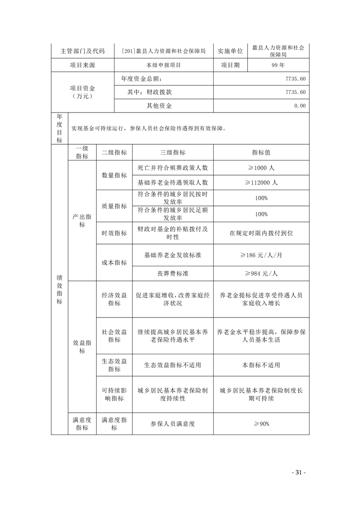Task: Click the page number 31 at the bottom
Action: [x=298, y=472]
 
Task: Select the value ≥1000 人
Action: [x=261, y=167]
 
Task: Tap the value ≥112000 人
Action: [x=261, y=182]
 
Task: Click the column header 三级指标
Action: [x=173, y=153]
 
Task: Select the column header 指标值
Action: [x=261, y=153]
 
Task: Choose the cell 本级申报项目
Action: [x=163, y=65]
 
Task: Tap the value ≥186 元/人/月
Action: [x=261, y=255]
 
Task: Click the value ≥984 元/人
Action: [x=261, y=274]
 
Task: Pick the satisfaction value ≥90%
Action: [x=261, y=424]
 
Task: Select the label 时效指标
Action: [x=114, y=233]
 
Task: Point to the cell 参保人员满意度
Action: [x=173, y=424]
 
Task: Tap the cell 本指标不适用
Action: [x=261, y=365]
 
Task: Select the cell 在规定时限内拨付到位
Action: [x=261, y=233]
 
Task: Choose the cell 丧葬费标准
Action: [x=173, y=274]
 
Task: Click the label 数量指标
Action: [x=114, y=175]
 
